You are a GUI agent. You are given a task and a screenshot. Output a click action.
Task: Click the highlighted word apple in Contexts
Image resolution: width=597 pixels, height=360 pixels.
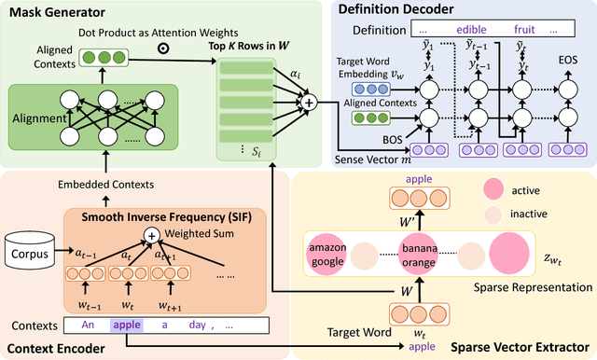128,326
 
